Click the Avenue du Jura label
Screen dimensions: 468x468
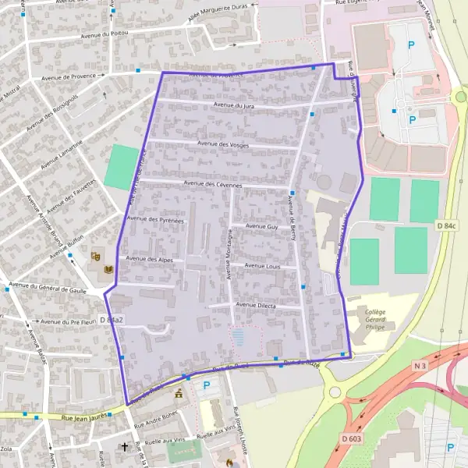[234, 105]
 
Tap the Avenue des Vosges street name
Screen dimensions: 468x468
[223, 144]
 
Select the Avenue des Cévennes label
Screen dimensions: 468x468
[212, 183]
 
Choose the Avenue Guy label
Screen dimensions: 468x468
[261, 226]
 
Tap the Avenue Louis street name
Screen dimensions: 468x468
[261, 266]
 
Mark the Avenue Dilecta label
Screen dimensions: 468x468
[255, 305]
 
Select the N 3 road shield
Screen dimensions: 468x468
[421, 366]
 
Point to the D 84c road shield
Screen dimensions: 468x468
[445, 225]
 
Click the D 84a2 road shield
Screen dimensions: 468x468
[112, 320]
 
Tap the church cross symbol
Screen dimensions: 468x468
[124, 447]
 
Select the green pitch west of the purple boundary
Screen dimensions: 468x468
[120, 166]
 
